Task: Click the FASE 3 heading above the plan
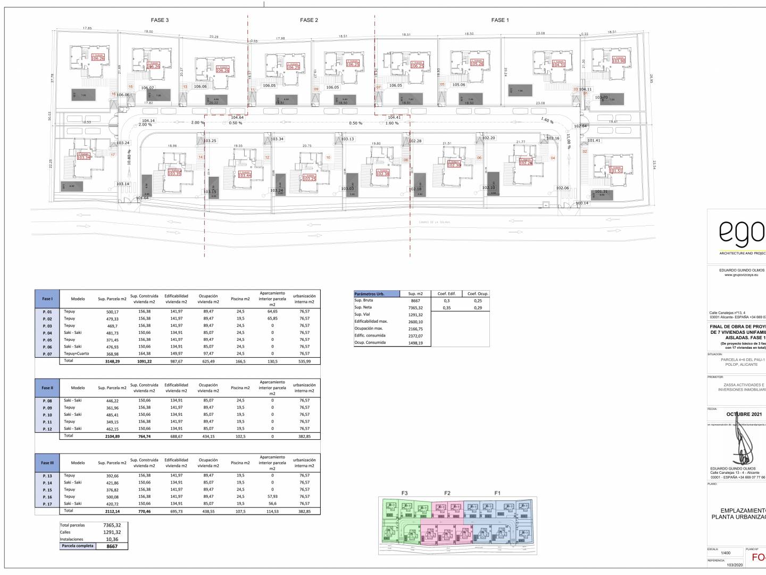click(160, 20)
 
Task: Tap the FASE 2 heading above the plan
click(309, 20)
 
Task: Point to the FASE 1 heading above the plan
click(500, 20)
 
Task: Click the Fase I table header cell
click(47, 299)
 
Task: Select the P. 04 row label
click(47, 333)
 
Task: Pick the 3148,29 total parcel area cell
click(112, 361)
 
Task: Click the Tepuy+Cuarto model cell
click(77, 354)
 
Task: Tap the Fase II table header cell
click(47, 388)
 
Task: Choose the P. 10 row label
click(47, 415)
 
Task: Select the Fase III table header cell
click(47, 463)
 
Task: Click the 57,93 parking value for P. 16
click(272, 496)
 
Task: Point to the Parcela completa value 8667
click(112, 546)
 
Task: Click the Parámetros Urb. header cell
click(377, 294)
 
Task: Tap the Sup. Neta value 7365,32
click(415, 308)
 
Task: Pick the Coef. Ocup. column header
click(478, 294)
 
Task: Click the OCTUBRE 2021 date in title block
click(744, 414)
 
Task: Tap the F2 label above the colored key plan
click(447, 493)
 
